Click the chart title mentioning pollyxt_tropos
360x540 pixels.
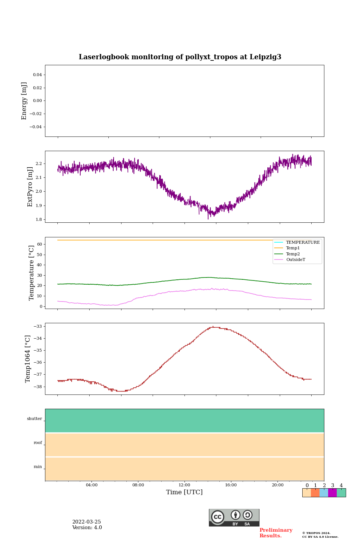[180, 57]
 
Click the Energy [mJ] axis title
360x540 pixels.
[24, 101]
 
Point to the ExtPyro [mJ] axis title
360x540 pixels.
[30, 187]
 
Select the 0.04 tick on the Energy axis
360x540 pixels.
[37, 75]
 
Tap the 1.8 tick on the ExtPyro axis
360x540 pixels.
[39, 219]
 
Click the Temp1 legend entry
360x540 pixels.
[293, 248]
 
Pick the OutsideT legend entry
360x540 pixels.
[295, 260]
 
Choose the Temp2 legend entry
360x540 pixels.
[293, 254]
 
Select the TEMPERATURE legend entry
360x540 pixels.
[303, 242]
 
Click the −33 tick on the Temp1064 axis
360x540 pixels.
[37, 326]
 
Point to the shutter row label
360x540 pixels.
[34, 419]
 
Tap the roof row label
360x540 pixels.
[38, 443]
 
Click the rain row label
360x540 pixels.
[38, 467]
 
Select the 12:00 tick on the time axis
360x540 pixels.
[184, 485]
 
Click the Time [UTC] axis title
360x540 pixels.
[184, 492]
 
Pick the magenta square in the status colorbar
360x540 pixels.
[332, 493]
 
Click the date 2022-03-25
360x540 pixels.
[87, 522]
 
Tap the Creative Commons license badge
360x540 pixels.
[234, 517]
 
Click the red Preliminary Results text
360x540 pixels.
[276, 533]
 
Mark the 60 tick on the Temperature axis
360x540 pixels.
[39, 244]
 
